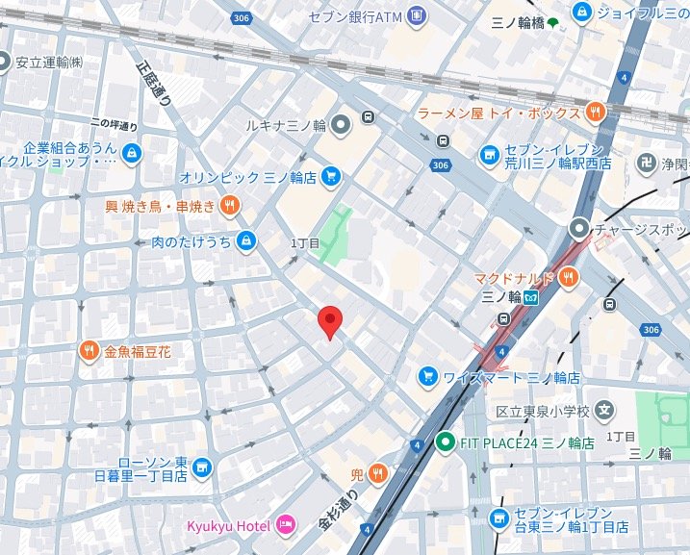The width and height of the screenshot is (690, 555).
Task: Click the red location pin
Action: [330, 321]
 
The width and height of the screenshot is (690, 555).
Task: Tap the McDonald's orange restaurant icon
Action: [568, 278]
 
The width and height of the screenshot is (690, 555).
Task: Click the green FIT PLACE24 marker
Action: [444, 442]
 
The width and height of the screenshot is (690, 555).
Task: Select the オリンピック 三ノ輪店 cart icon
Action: [331, 176]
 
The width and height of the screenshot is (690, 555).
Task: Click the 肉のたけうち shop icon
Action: [247, 240]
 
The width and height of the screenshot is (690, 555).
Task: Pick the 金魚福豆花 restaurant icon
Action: [89, 351]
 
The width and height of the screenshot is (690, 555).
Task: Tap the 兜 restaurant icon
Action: [377, 473]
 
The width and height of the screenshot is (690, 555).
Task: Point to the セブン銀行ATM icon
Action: [416, 15]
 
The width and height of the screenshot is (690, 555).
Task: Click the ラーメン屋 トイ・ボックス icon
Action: [597, 113]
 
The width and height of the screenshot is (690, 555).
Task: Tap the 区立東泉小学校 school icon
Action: [603, 411]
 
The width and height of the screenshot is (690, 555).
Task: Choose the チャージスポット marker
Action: [578, 229]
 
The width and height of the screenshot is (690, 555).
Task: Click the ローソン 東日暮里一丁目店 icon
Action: [201, 467]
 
